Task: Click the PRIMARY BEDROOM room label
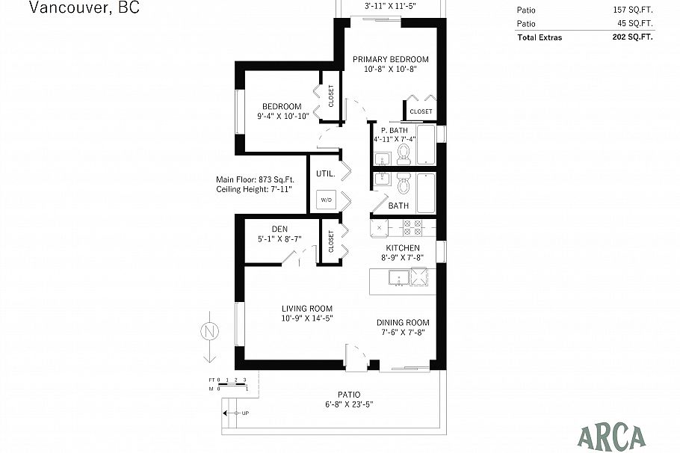[x=391, y=59]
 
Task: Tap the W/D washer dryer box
[x=326, y=200]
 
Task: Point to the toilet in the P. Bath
[x=404, y=154]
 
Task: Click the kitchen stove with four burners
[x=412, y=226]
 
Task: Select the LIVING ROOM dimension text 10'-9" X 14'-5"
[x=306, y=318]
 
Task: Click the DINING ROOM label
[x=402, y=322]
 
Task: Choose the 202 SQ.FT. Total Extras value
[x=632, y=37]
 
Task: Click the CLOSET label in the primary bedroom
[x=421, y=111]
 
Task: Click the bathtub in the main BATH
[x=425, y=194]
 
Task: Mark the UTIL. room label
[x=324, y=173]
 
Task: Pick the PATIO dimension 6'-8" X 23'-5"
[x=348, y=404]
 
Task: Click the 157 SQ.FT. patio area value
[x=632, y=10]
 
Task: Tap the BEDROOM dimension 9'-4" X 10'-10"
[x=282, y=116]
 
